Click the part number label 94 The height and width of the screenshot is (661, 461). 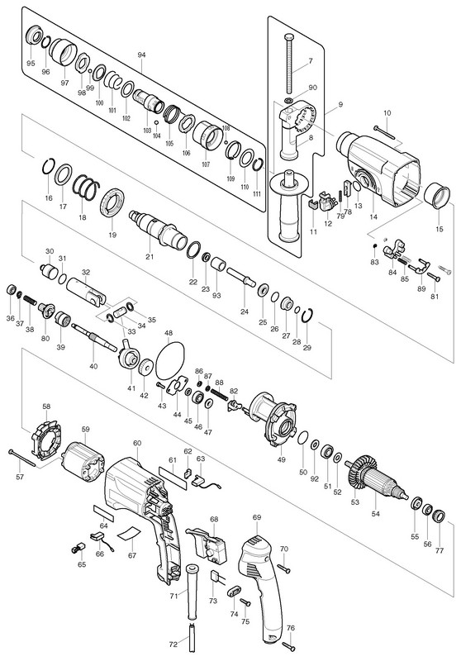click(x=141, y=55)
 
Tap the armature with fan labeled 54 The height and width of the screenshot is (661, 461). click(x=377, y=480)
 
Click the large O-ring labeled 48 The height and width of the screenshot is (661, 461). click(x=170, y=360)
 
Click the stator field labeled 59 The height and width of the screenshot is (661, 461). click(x=83, y=461)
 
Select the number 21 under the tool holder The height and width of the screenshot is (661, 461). click(x=150, y=257)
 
